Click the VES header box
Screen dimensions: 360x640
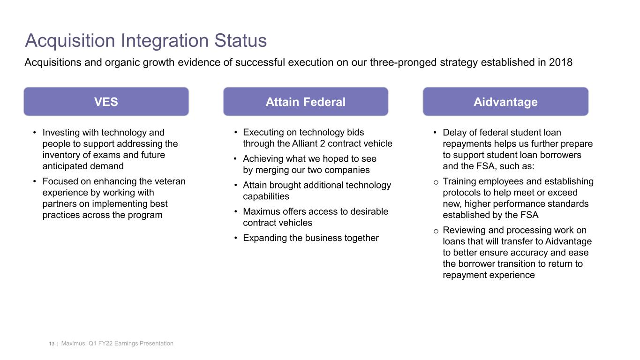(106, 102)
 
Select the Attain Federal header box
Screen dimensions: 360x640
(305, 102)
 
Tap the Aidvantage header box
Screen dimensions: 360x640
(505, 102)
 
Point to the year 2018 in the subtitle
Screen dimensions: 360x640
(560, 62)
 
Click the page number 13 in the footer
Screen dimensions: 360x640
(52, 344)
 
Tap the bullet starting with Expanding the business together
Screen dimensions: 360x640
(310, 238)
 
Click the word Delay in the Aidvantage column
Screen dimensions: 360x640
(454, 133)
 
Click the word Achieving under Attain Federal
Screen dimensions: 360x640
(264, 159)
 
